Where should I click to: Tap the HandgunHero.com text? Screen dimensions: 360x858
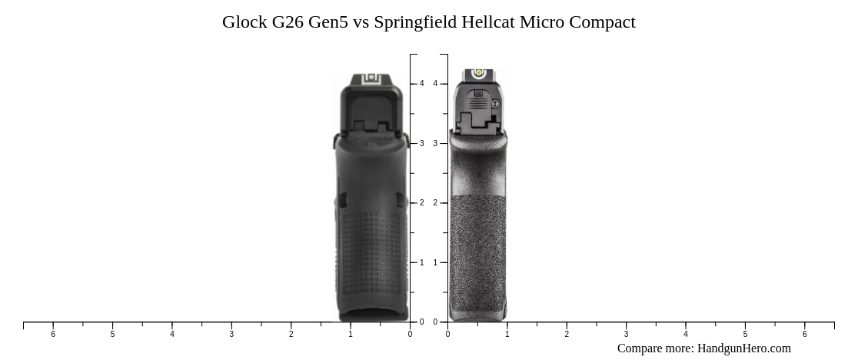(743, 348)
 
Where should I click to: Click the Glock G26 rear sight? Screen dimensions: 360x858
(371, 78)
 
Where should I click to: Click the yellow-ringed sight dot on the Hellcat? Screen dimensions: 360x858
(479, 73)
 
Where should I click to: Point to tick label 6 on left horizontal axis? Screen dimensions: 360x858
(53, 334)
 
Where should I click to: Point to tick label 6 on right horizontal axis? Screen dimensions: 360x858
(805, 334)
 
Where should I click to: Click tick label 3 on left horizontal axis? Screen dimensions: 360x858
(231, 334)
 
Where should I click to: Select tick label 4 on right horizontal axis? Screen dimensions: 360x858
(686, 334)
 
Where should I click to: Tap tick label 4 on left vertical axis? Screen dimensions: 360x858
(421, 84)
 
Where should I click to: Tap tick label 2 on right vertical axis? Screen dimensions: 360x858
(435, 203)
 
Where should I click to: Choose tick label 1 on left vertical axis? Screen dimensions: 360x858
(421, 263)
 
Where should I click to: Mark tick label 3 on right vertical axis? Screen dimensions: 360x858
(435, 144)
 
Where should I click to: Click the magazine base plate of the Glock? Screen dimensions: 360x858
(373, 314)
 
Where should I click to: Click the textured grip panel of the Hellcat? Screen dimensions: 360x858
(477, 254)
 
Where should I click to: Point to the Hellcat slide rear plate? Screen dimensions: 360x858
(478, 108)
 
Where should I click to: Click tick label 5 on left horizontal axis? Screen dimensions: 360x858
(112, 334)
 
